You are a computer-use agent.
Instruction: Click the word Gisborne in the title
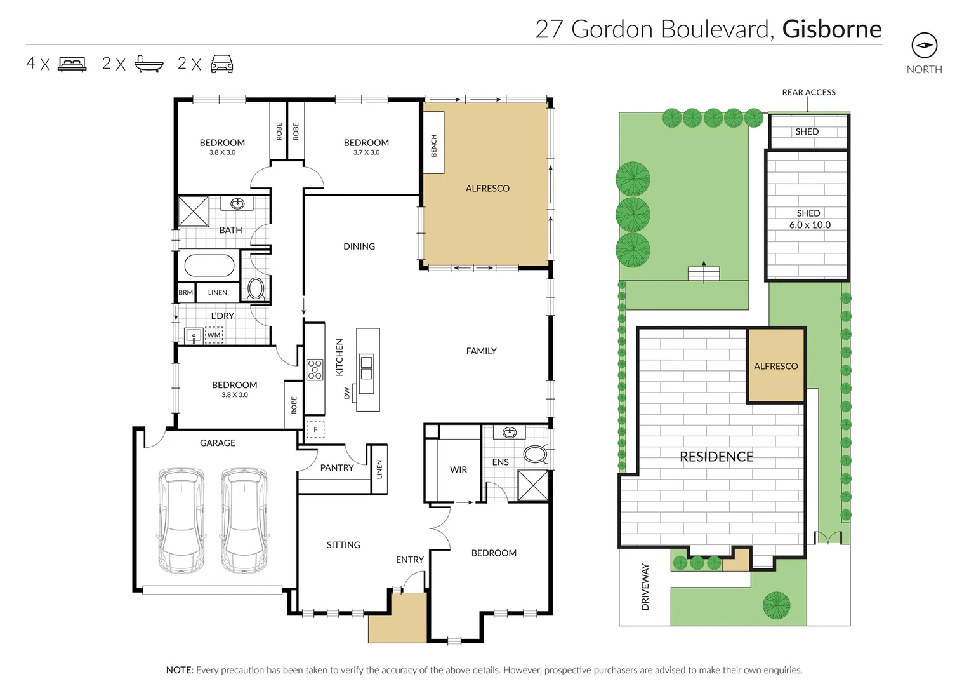tap(831, 29)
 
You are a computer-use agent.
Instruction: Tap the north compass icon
tap(924, 45)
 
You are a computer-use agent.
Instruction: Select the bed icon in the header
tap(72, 64)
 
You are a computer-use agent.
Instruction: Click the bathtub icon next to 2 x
tap(149, 64)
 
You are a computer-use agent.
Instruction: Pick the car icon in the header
tap(221, 64)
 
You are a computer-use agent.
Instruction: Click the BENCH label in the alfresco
tap(434, 145)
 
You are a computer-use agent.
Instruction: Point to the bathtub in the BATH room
tap(209, 266)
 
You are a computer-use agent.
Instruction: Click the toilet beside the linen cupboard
tap(256, 289)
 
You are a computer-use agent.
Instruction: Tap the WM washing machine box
tap(214, 335)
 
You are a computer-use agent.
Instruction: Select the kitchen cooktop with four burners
tap(315, 369)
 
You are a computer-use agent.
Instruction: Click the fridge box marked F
tap(315, 430)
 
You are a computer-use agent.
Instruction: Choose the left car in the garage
tap(181, 520)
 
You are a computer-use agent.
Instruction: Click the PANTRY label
tap(336, 468)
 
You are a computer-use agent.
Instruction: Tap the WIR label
tap(458, 470)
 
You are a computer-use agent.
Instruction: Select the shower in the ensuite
tap(533, 486)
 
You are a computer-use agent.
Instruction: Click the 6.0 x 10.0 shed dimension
tap(810, 225)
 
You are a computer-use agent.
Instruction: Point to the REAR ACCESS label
tap(808, 93)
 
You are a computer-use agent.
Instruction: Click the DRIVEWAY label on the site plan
tap(645, 587)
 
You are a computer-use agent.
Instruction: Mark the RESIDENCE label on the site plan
tap(716, 457)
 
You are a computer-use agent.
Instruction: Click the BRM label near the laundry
tap(185, 293)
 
